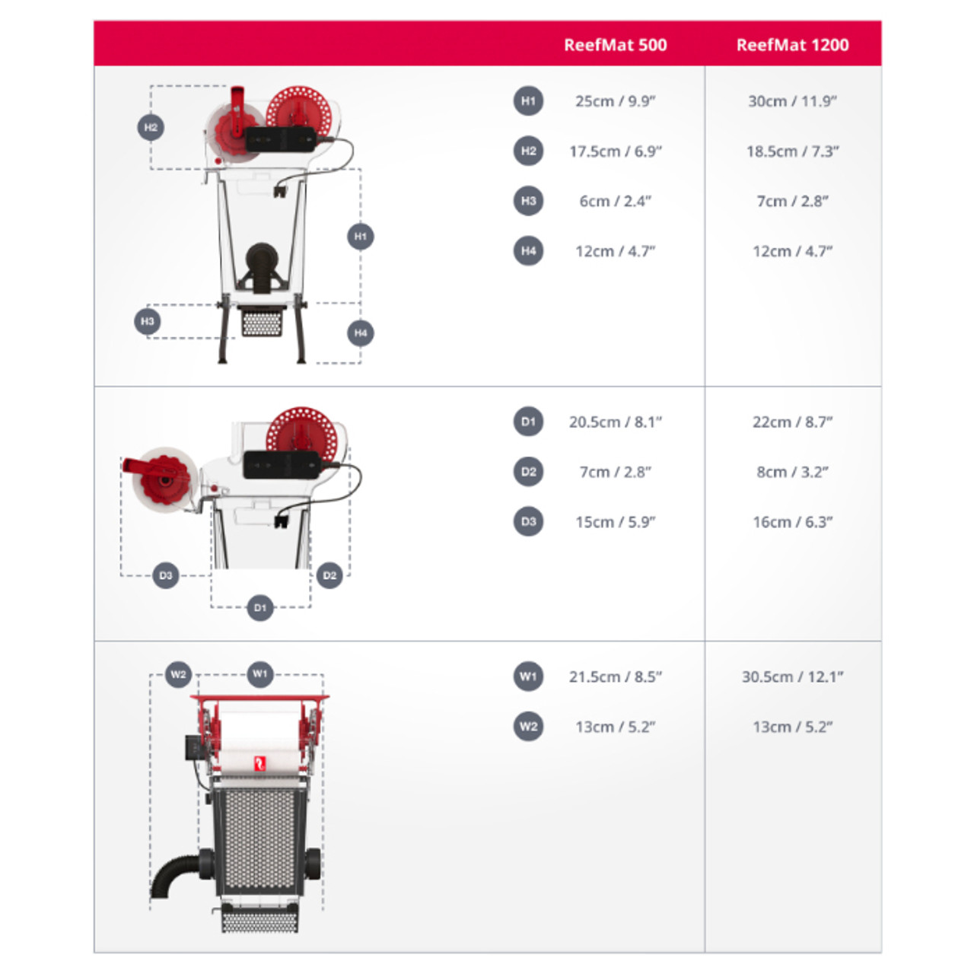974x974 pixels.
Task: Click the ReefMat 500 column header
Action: (615, 45)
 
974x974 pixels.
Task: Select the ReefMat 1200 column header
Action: (792, 45)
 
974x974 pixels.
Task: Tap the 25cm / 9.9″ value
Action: (615, 101)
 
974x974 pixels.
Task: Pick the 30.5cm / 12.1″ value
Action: (792, 676)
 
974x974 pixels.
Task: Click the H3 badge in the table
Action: (528, 201)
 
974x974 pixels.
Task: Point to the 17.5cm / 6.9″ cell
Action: (615, 151)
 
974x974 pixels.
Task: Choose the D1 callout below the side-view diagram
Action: (259, 607)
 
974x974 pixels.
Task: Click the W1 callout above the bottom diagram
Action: (259, 673)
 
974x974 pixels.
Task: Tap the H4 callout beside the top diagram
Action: (361, 333)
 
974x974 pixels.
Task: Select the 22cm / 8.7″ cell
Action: (792, 422)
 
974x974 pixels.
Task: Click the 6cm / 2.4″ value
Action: (615, 201)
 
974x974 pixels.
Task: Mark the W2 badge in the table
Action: (528, 727)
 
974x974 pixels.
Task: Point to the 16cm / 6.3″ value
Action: (792, 522)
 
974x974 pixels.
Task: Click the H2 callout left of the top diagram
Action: (151, 127)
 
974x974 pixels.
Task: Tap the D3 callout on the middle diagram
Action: (166, 575)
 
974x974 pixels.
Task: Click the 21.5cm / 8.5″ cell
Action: (615, 676)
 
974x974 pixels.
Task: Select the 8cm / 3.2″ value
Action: (792, 472)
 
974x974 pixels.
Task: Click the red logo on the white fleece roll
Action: (259, 762)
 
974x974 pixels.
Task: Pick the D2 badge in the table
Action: (528, 472)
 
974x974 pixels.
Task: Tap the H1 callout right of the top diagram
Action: (361, 236)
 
